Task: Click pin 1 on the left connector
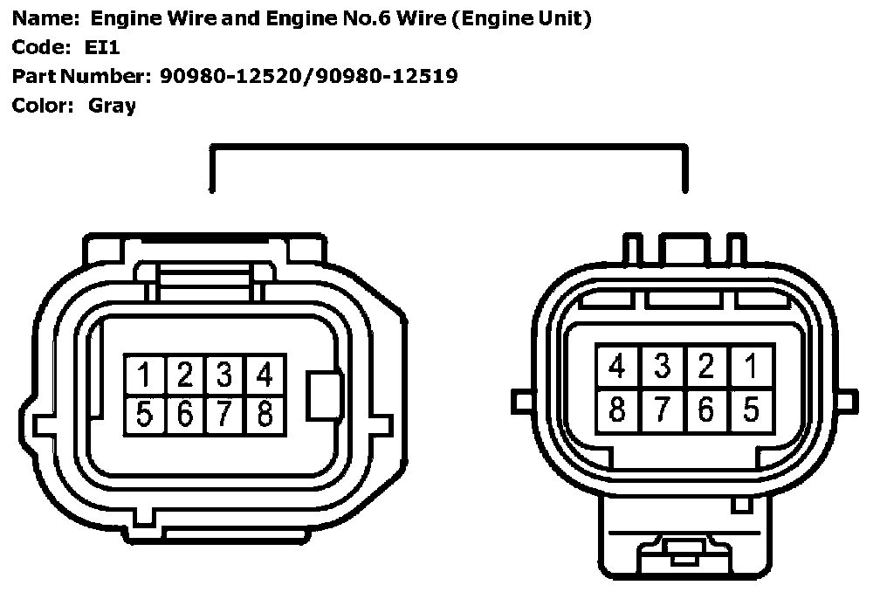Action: [x=145, y=375]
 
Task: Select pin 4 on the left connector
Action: [x=265, y=375]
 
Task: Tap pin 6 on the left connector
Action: [x=185, y=413]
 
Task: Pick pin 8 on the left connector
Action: [x=265, y=413]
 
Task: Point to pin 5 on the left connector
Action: [x=145, y=413]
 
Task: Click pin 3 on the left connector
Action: [x=224, y=375]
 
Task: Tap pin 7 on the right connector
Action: [x=662, y=409]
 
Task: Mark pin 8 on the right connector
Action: [x=617, y=409]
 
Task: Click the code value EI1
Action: [x=102, y=48]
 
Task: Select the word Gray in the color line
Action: [x=112, y=107]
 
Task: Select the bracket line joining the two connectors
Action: [x=447, y=148]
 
